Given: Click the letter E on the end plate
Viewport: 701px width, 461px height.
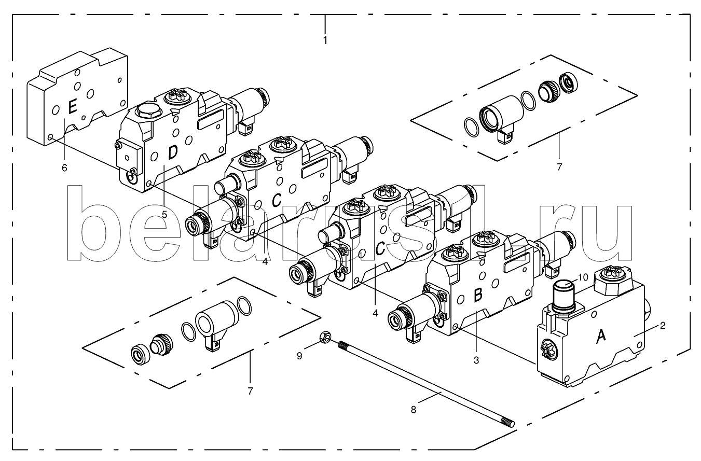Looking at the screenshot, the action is (x=72, y=107).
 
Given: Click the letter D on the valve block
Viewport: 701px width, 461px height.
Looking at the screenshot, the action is (x=173, y=152).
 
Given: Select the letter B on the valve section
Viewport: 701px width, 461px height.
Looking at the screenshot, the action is (x=478, y=295).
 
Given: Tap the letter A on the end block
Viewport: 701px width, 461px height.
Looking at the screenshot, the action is (x=601, y=337).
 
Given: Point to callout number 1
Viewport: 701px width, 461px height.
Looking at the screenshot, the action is (x=325, y=40).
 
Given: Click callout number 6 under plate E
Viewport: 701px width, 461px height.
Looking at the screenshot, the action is (x=64, y=168).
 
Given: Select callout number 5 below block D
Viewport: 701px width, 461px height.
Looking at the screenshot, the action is (x=164, y=215).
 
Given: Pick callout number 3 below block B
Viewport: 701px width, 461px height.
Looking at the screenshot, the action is (x=476, y=360).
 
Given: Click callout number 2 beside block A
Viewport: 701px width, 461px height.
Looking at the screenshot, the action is (x=662, y=326).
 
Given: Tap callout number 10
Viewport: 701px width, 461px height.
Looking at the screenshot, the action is (x=583, y=277).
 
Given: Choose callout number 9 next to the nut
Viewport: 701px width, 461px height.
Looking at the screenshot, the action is (x=299, y=356).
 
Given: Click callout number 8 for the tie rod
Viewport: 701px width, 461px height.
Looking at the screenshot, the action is (x=414, y=410).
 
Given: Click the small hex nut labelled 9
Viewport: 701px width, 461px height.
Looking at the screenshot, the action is (x=325, y=337).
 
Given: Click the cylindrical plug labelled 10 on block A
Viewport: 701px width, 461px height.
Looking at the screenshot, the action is (x=563, y=296).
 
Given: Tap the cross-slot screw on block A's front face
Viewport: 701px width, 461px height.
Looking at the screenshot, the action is (x=549, y=350).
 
